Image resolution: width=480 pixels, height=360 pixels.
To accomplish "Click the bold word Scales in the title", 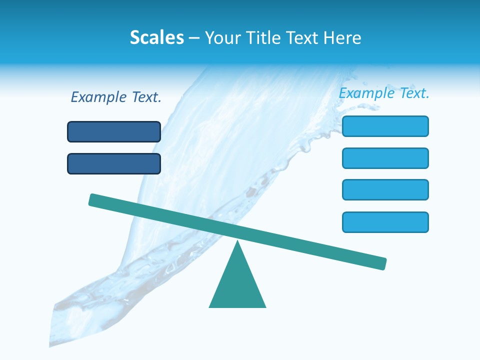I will click(157, 37).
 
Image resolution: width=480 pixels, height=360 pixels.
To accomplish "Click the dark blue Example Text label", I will click(116, 97).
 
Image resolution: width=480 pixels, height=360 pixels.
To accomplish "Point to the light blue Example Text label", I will click(384, 93).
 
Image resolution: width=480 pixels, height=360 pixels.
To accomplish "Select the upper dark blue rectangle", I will click(114, 131).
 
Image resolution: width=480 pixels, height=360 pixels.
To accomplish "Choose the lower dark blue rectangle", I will click(114, 163).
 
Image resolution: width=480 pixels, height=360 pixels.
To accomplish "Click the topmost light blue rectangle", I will click(385, 126).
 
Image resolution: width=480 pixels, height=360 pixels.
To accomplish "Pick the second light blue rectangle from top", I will click(385, 158).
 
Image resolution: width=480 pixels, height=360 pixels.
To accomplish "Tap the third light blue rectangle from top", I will click(385, 189).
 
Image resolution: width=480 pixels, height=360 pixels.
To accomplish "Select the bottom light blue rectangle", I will click(385, 222).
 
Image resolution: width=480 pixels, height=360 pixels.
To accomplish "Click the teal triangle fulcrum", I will click(237, 285).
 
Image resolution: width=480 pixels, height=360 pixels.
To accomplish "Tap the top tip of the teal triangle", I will click(238, 243).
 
